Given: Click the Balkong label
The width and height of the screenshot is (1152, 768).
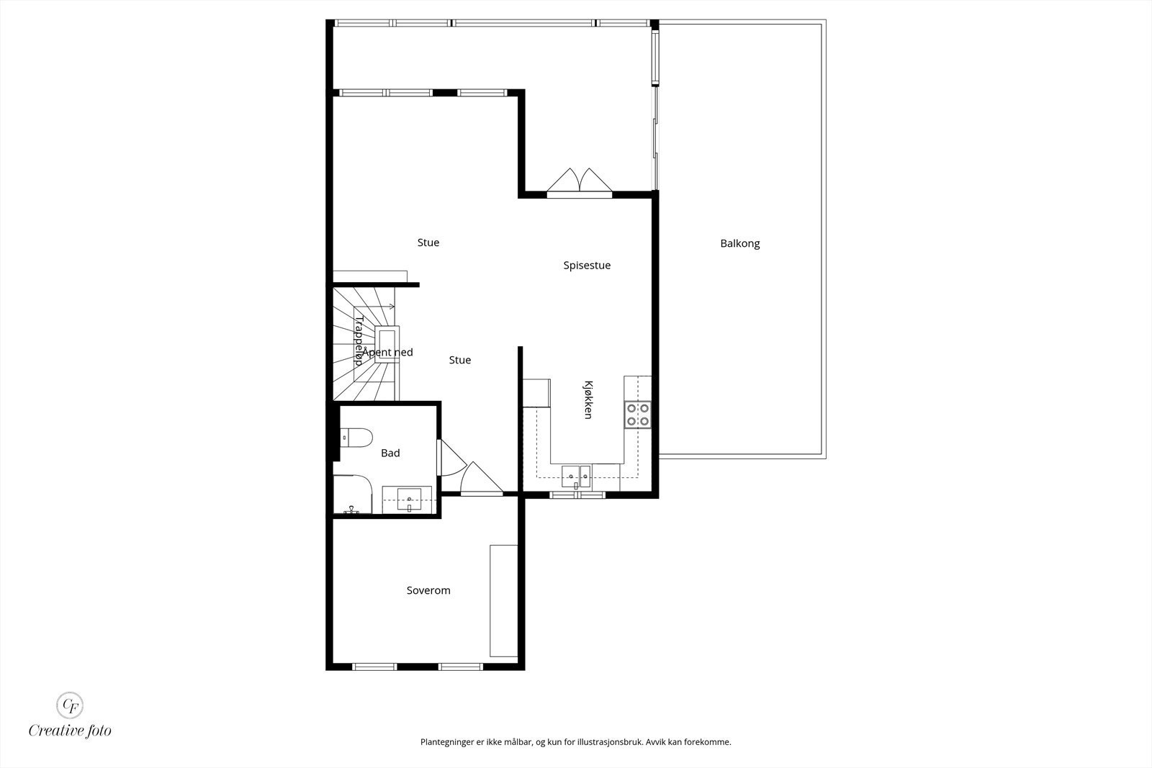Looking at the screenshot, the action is [x=739, y=244].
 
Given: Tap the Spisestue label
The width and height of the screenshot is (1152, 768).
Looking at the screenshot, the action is [x=587, y=266].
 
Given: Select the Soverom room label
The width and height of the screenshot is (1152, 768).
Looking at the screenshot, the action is [x=428, y=590].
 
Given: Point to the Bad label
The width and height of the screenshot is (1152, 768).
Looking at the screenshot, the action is [x=390, y=453].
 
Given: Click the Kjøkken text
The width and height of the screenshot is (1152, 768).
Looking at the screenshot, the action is [x=588, y=400].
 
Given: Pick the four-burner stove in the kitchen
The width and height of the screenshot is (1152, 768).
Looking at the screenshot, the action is [x=638, y=415].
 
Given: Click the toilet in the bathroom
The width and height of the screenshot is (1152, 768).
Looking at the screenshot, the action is [x=356, y=438].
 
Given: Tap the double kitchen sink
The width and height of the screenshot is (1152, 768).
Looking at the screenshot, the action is [x=576, y=476].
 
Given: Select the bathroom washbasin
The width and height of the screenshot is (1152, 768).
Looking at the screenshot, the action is [x=409, y=499].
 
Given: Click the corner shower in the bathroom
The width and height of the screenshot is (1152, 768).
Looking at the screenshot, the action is [x=352, y=494].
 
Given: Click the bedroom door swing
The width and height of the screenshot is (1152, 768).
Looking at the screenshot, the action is [x=481, y=479].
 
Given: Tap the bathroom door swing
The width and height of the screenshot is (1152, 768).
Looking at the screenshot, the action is [x=451, y=458].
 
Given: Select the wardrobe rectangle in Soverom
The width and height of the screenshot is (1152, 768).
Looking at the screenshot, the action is [x=503, y=600].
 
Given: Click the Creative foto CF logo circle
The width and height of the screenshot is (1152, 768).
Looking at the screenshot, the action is [x=69, y=705].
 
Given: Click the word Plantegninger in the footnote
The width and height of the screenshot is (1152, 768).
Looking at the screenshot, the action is [x=447, y=742].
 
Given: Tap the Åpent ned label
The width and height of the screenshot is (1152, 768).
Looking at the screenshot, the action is [x=387, y=352].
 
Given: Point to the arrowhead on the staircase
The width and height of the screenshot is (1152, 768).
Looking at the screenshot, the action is [x=392, y=307].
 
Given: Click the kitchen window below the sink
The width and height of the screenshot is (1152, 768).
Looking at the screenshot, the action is [x=577, y=495].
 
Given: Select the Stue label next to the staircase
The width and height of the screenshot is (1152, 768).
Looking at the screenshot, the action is [x=460, y=360].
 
